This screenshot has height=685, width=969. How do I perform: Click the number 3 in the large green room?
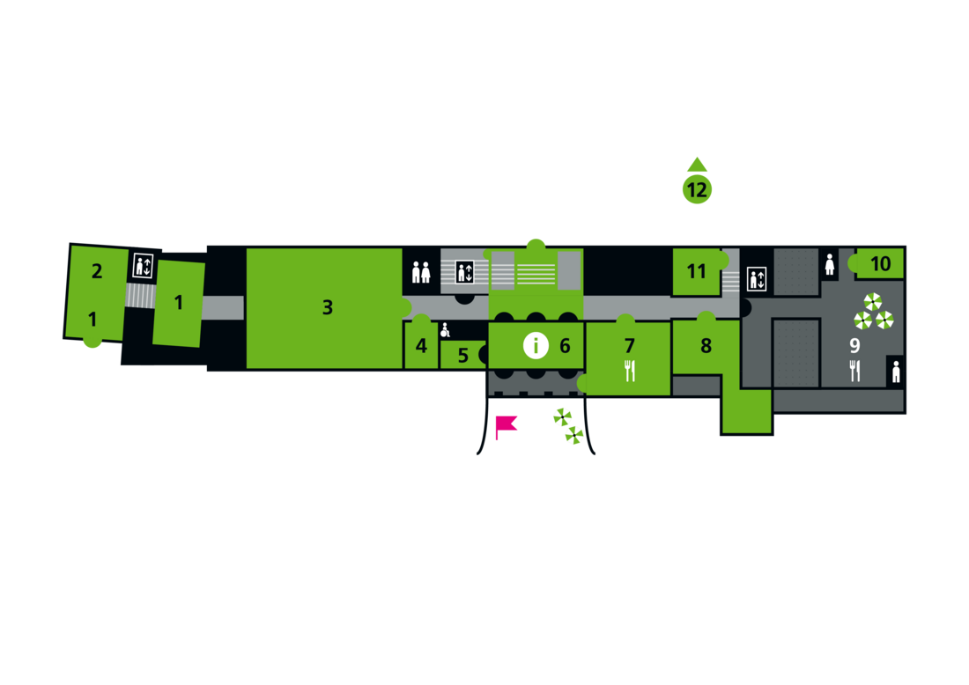[x=328, y=307]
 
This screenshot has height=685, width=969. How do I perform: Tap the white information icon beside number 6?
[x=536, y=346]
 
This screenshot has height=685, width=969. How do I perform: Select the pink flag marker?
[x=504, y=426]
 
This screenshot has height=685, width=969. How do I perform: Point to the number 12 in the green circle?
[x=697, y=189]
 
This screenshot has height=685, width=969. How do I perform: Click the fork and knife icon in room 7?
[x=630, y=372]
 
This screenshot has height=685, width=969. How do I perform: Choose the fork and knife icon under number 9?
[x=854, y=371]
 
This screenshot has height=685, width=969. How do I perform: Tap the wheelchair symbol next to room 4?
[x=446, y=330]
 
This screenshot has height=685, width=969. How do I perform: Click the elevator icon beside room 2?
[x=143, y=266]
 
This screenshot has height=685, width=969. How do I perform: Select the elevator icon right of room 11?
[x=757, y=278]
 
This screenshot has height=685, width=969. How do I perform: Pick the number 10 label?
[x=880, y=263]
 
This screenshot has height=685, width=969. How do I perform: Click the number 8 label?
[x=706, y=346]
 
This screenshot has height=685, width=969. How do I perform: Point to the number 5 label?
[x=463, y=357]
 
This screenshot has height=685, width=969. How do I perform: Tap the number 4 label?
[x=421, y=346]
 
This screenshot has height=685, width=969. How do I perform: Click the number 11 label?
[x=697, y=271]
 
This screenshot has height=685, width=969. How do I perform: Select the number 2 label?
[x=97, y=271]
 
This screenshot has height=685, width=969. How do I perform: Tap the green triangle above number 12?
[x=697, y=164]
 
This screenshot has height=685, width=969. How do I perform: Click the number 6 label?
[x=565, y=346]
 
